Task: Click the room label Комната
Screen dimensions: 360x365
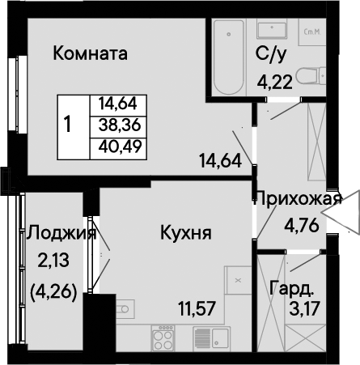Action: [x=90, y=53]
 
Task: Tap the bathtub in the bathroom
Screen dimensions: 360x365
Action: [x=229, y=57]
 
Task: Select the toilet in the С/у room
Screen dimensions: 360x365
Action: [x=311, y=76]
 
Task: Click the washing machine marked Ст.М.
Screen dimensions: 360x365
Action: [x=312, y=32]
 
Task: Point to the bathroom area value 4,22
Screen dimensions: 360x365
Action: [x=275, y=83]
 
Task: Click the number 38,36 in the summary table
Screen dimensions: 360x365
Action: [x=120, y=125]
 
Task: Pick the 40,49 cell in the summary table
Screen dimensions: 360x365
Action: [x=120, y=147]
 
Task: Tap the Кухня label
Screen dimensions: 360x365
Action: [x=186, y=232]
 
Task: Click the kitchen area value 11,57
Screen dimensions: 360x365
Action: [x=197, y=308]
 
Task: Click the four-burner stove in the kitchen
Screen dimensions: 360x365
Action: [x=163, y=337]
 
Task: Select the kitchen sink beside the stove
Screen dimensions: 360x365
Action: [x=212, y=338]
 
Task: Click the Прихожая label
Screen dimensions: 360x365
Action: [x=298, y=199]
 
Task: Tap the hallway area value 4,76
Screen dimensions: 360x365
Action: [x=302, y=226]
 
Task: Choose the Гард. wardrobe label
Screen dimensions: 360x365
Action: [x=292, y=289]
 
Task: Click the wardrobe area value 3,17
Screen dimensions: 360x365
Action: [x=304, y=309]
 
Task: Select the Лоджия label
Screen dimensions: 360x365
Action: [x=61, y=233]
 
